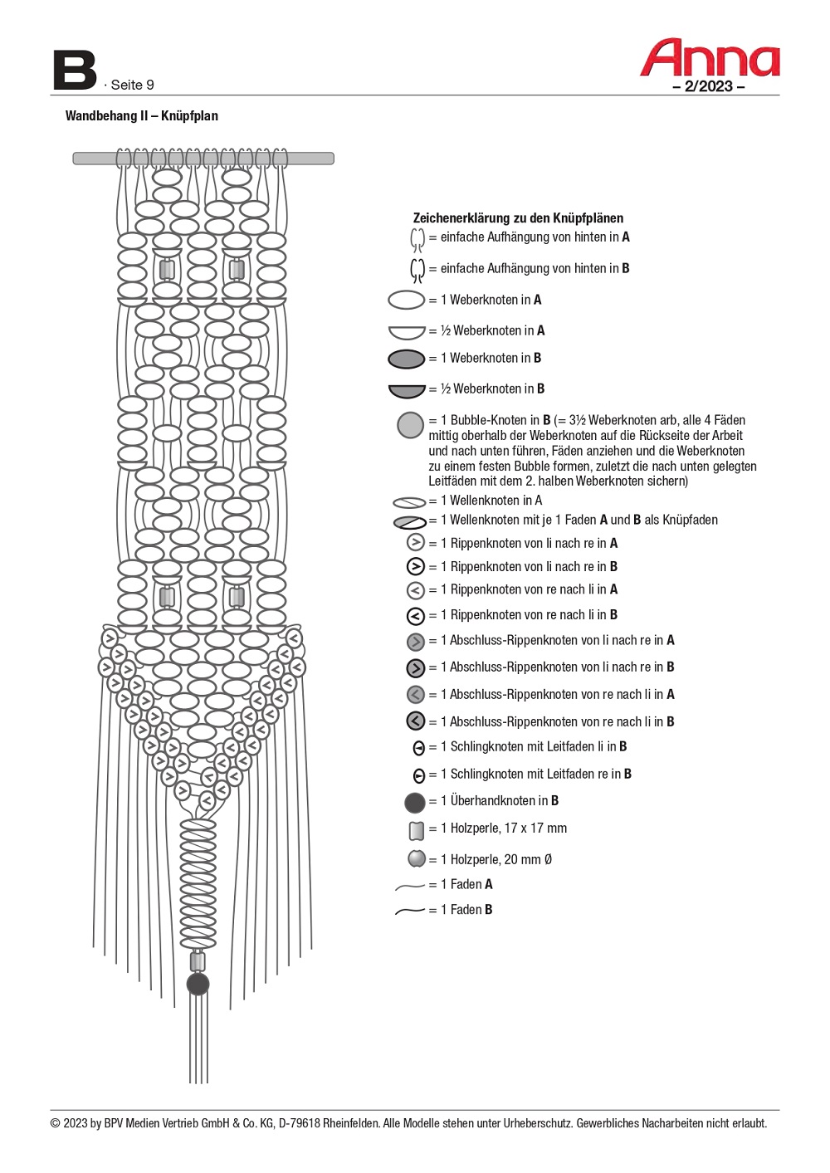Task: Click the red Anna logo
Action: click(x=710, y=57)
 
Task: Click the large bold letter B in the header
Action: click(x=75, y=71)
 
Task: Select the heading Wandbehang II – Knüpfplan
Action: click(x=142, y=116)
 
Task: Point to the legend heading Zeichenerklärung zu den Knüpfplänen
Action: click(x=518, y=218)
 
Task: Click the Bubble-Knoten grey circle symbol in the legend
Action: click(x=410, y=425)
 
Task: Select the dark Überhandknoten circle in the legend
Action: click(x=414, y=802)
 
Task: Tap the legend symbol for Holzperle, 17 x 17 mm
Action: click(x=417, y=829)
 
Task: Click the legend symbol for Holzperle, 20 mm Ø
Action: click(x=417, y=858)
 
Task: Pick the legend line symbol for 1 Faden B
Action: click(x=410, y=911)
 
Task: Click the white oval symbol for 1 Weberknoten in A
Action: click(x=407, y=300)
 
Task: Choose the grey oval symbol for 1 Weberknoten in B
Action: click(x=407, y=359)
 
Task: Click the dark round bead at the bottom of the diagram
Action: click(x=198, y=985)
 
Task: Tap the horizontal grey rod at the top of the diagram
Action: click(x=203, y=158)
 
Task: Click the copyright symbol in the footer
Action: click(x=56, y=1124)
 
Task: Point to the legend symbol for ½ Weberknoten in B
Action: click(x=407, y=390)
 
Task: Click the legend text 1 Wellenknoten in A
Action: click(x=491, y=501)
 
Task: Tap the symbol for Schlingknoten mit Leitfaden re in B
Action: click(x=419, y=775)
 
